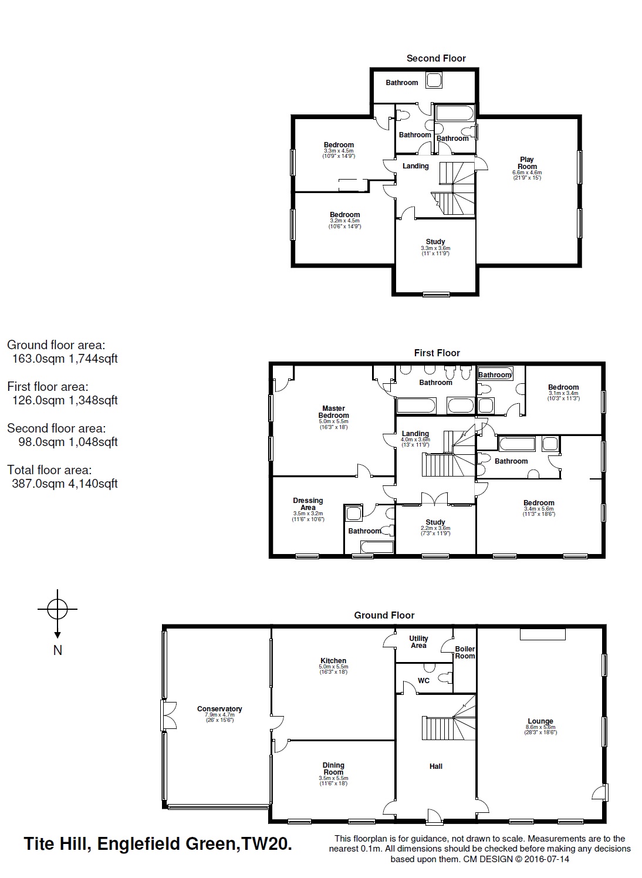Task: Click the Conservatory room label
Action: coord(219,708)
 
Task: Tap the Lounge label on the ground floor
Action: coord(540,721)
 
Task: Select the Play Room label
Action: coord(527,163)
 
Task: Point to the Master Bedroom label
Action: coord(333,411)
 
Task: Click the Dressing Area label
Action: coord(308,504)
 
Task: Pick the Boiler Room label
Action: coord(465,652)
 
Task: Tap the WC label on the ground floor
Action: coord(424,680)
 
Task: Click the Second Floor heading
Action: coord(436,59)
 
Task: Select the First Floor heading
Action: coord(437,353)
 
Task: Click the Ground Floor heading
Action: coord(384,615)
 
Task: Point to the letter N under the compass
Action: coord(58,650)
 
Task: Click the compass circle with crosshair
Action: coord(58,609)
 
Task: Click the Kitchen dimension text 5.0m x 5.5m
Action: coord(333,666)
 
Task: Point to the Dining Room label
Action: coord(333,769)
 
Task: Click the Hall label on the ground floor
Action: coord(436,766)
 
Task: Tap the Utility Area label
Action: coord(418,642)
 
